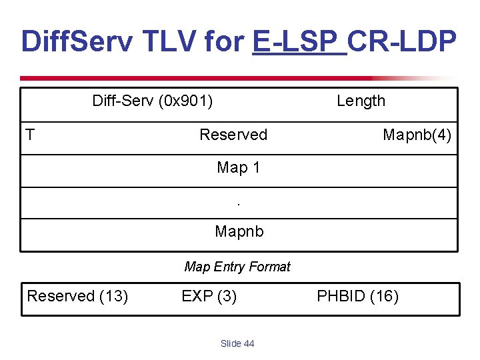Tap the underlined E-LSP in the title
click(x=299, y=41)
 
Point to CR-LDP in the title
click(x=403, y=41)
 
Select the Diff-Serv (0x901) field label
click(x=153, y=101)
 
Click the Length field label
click(x=361, y=101)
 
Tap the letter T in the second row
click(x=30, y=135)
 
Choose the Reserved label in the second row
click(x=233, y=135)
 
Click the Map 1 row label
click(x=238, y=168)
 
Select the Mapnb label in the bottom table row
click(x=239, y=232)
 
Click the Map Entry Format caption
click(x=237, y=267)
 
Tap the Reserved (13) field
click(x=77, y=296)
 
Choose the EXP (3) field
click(x=209, y=296)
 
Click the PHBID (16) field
click(x=357, y=296)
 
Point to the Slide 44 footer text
click(x=237, y=344)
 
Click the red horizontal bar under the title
click(x=200, y=78)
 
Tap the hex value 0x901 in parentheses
click(x=186, y=101)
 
